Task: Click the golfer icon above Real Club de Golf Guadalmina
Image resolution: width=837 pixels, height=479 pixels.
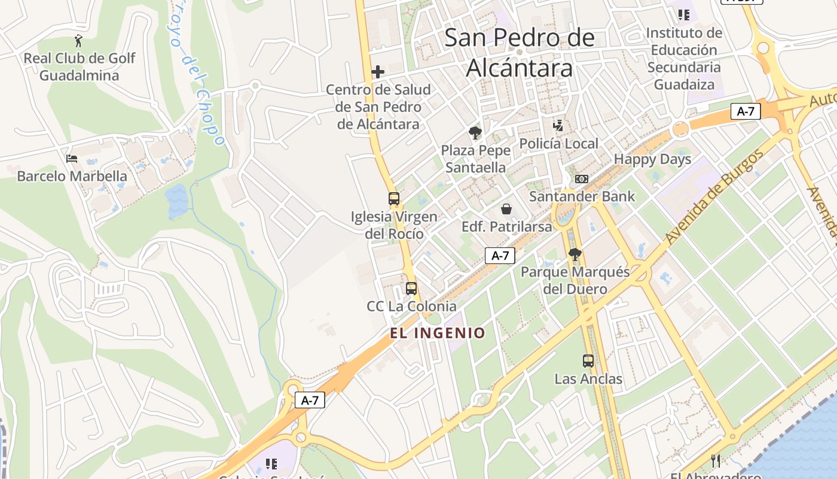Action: point(78,41)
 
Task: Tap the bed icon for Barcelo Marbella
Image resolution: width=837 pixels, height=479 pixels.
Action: point(72,159)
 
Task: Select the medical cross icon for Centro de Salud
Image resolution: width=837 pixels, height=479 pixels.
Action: point(378,72)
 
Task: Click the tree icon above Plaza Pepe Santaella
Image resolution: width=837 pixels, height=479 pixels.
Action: point(476,133)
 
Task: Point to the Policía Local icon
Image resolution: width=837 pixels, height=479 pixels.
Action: point(558,126)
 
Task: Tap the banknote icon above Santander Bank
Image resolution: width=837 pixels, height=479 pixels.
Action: point(581,179)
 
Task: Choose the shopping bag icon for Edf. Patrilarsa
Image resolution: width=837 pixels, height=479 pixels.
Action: point(506,209)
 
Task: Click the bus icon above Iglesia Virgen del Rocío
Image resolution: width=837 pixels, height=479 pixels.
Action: point(393,199)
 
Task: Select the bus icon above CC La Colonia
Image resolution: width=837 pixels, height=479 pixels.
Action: point(411,289)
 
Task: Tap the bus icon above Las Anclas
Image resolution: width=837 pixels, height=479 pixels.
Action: point(588,361)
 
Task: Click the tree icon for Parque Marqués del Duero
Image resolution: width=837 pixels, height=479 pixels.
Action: point(575,255)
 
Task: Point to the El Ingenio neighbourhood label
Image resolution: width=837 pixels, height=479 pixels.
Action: point(438,333)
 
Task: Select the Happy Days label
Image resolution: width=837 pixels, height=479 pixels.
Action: point(652,159)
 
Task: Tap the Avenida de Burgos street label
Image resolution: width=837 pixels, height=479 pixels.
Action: point(714,196)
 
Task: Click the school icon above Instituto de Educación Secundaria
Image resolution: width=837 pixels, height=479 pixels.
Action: point(683,15)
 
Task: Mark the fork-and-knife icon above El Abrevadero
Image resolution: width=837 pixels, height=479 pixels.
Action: point(716,460)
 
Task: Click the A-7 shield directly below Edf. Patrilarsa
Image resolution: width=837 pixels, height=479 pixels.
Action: point(500,256)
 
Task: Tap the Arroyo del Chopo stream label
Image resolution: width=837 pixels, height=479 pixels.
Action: point(197,72)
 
